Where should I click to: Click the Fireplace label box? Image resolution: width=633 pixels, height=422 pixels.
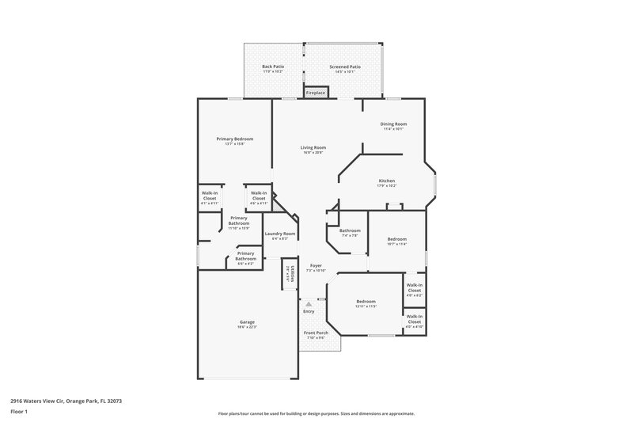pyautogui.click(x=316, y=93)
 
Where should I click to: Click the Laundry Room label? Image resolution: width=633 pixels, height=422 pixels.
pyautogui.click(x=279, y=235)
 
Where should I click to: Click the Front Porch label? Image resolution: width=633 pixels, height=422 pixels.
pyautogui.click(x=316, y=334)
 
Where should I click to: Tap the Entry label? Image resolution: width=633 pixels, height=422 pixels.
pyautogui.click(x=309, y=311)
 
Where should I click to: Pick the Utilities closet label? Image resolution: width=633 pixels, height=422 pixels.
pyautogui.click(x=291, y=275)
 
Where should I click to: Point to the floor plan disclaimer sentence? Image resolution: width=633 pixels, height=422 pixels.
pyautogui.click(x=316, y=413)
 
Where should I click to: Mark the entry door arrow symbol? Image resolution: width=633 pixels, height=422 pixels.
pyautogui.click(x=309, y=302)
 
